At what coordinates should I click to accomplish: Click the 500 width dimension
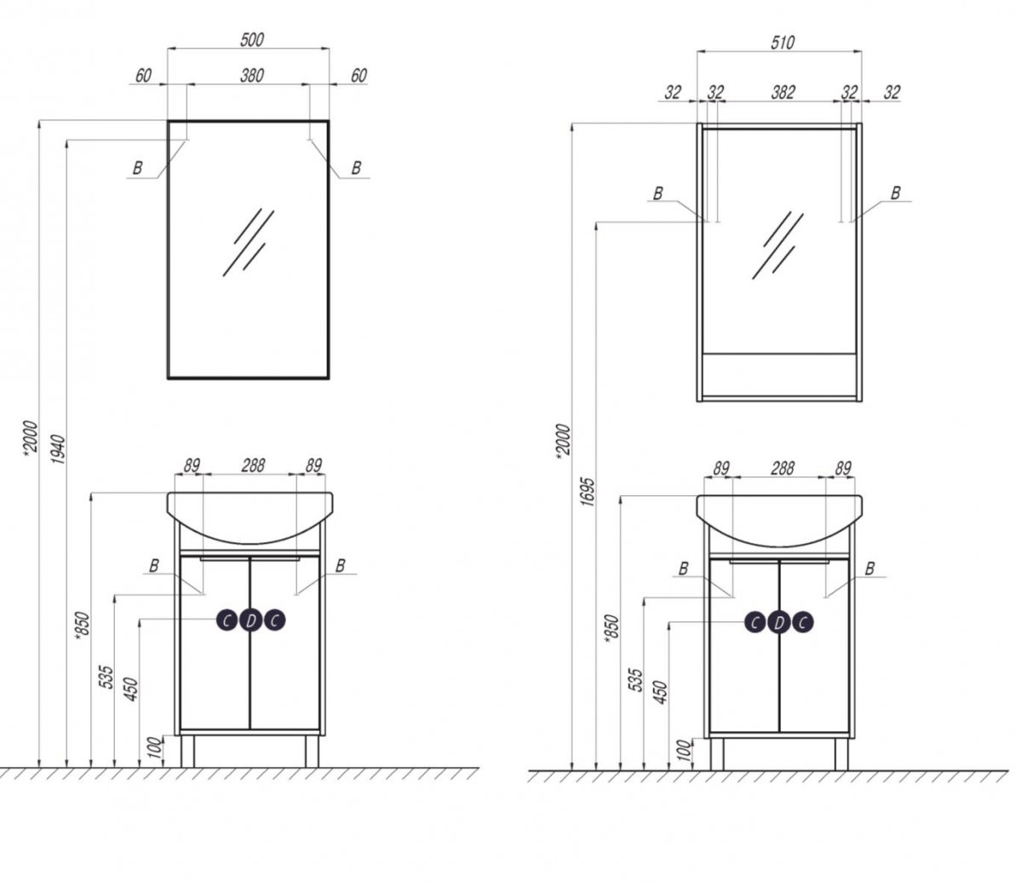(x=252, y=39)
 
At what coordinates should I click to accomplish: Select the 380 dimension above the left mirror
(x=252, y=76)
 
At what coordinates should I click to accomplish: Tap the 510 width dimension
(x=782, y=43)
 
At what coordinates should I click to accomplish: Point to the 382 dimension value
(x=783, y=92)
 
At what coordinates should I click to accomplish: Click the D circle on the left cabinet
(x=250, y=620)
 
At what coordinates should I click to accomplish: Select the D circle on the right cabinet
(x=779, y=623)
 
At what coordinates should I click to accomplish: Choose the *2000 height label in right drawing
(x=563, y=441)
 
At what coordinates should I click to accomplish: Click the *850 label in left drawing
(x=83, y=631)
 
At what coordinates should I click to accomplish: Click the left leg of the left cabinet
(x=187, y=751)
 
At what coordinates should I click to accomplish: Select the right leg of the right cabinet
(x=841, y=754)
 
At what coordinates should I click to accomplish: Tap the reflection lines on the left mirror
(x=248, y=242)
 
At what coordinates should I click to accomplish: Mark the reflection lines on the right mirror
(x=778, y=245)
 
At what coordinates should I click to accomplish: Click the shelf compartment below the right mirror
(x=779, y=375)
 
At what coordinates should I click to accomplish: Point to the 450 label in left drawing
(x=131, y=689)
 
